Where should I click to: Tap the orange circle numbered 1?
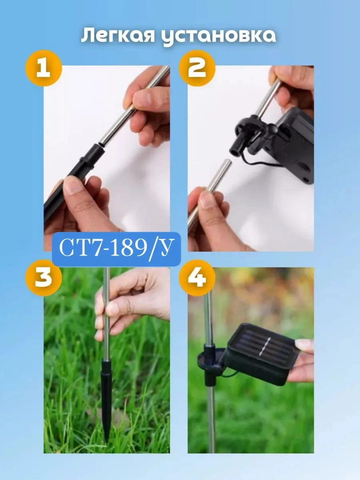pyautogui.click(x=44, y=68)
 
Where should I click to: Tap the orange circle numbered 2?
pyautogui.click(x=197, y=68)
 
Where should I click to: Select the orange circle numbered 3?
pyautogui.click(x=44, y=278)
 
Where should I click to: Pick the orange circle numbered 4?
pyautogui.click(x=197, y=278)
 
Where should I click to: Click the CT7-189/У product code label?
pyautogui.click(x=116, y=249)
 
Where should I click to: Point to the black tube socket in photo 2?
pyautogui.click(x=237, y=146)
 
